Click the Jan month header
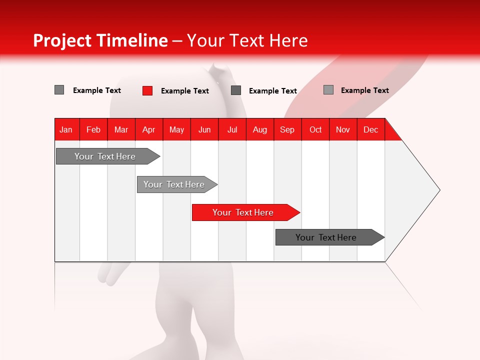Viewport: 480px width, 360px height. [66, 129]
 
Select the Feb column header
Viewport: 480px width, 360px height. [93, 129]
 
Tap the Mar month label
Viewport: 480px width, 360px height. [121, 129]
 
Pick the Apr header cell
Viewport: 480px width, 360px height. [149, 129]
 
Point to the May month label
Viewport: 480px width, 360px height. [176, 129]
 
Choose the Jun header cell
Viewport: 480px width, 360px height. [204, 129]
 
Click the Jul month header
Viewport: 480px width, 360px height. [232, 129]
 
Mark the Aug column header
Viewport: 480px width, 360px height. [260, 129]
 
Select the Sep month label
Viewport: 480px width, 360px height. [287, 129]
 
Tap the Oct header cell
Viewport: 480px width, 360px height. [315, 129]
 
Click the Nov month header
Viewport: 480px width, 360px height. [343, 129]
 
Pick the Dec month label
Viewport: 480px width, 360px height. [371, 129]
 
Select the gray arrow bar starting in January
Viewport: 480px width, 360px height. [105, 156]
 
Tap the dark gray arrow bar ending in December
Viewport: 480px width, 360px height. [326, 237]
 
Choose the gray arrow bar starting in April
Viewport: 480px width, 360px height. [174, 184]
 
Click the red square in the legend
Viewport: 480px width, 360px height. [147, 90]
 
